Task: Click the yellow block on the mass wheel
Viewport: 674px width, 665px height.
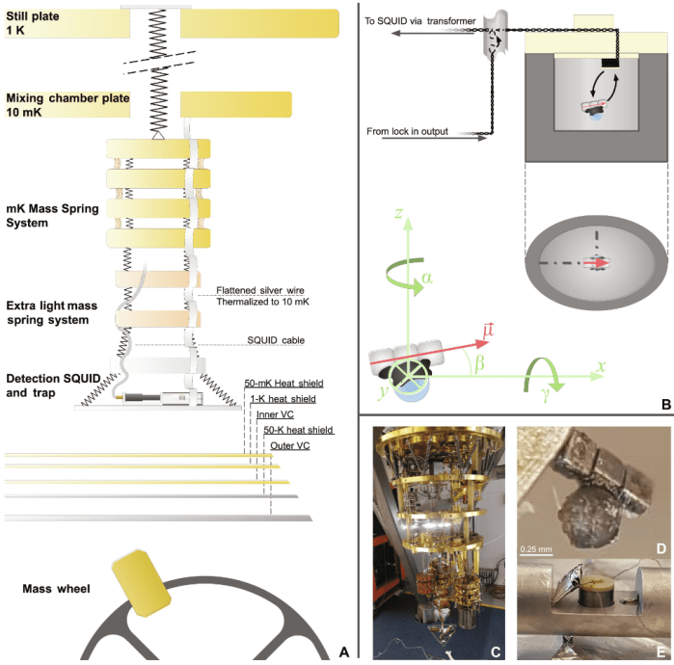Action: click(x=141, y=580)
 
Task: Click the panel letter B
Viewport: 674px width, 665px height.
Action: click(x=663, y=405)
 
